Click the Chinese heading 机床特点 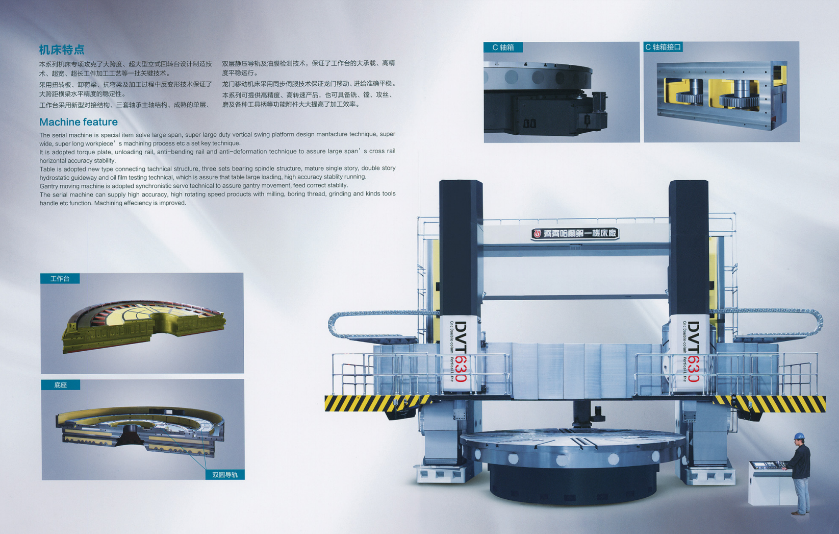tap(62, 50)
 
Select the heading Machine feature tap(79, 122)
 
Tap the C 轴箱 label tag tap(503, 47)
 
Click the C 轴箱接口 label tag tap(663, 47)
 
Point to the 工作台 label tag tap(60, 279)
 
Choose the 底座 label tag tap(60, 385)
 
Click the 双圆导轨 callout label tap(225, 475)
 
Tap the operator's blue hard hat tap(799, 437)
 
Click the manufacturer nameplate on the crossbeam tap(575, 234)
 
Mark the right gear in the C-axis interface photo tap(738, 95)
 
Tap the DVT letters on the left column tap(461, 337)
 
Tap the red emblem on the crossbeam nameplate tap(537, 234)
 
